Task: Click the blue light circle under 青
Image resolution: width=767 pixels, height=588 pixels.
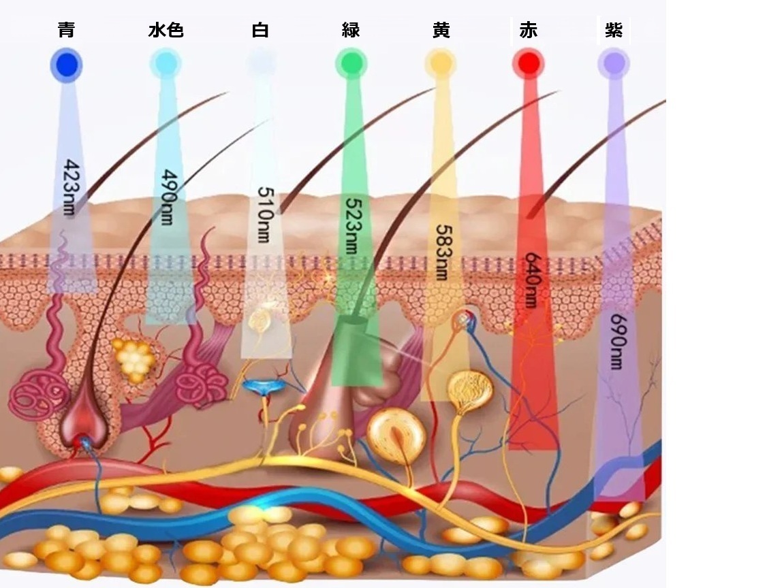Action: pos(66,65)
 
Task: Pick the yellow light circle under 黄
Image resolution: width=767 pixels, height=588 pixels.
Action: pos(440,64)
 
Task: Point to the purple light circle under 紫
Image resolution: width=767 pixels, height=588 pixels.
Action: pos(614,64)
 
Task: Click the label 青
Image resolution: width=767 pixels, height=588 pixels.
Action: pos(66,31)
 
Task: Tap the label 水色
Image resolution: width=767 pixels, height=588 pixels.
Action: pos(166,31)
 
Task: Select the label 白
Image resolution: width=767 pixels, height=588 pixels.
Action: pos(260,31)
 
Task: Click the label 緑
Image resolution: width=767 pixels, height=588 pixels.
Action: pos(351,31)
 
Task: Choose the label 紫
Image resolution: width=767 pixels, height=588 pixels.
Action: pos(614,31)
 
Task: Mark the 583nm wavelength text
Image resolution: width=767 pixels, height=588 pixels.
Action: pos(441,252)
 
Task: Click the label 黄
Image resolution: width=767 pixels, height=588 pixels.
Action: pos(441,31)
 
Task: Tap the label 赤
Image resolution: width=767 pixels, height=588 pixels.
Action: pos(529,31)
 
